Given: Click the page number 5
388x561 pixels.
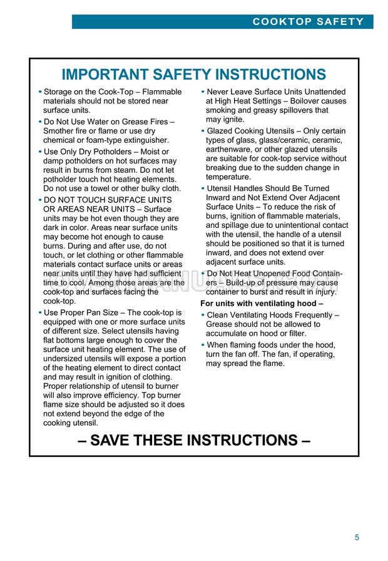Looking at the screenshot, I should [x=357, y=537].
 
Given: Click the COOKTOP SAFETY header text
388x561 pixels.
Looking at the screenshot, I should [x=308, y=22].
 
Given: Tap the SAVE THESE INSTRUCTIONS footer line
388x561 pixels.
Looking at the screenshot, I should [x=194, y=440].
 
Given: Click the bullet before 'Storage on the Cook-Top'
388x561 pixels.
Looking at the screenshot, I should [x=39, y=92].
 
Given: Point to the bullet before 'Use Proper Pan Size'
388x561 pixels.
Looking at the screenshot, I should [x=39, y=312].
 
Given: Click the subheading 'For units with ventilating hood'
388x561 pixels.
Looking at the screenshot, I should [x=262, y=304].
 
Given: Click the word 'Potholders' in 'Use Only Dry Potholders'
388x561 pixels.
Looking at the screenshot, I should [x=133, y=152].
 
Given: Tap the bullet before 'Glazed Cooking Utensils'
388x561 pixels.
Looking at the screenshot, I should [x=203, y=131].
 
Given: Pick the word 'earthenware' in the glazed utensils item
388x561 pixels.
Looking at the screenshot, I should [x=230, y=150].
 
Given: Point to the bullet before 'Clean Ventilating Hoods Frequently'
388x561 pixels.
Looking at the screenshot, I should [x=203, y=315].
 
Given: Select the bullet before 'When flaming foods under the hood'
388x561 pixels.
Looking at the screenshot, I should [x=203, y=345].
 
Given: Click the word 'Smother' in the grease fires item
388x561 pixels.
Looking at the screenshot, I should [x=61, y=131].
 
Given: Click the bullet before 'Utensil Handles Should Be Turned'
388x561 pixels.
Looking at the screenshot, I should [x=203, y=188].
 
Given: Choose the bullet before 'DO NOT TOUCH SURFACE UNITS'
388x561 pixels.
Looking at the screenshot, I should [x=39, y=200].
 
